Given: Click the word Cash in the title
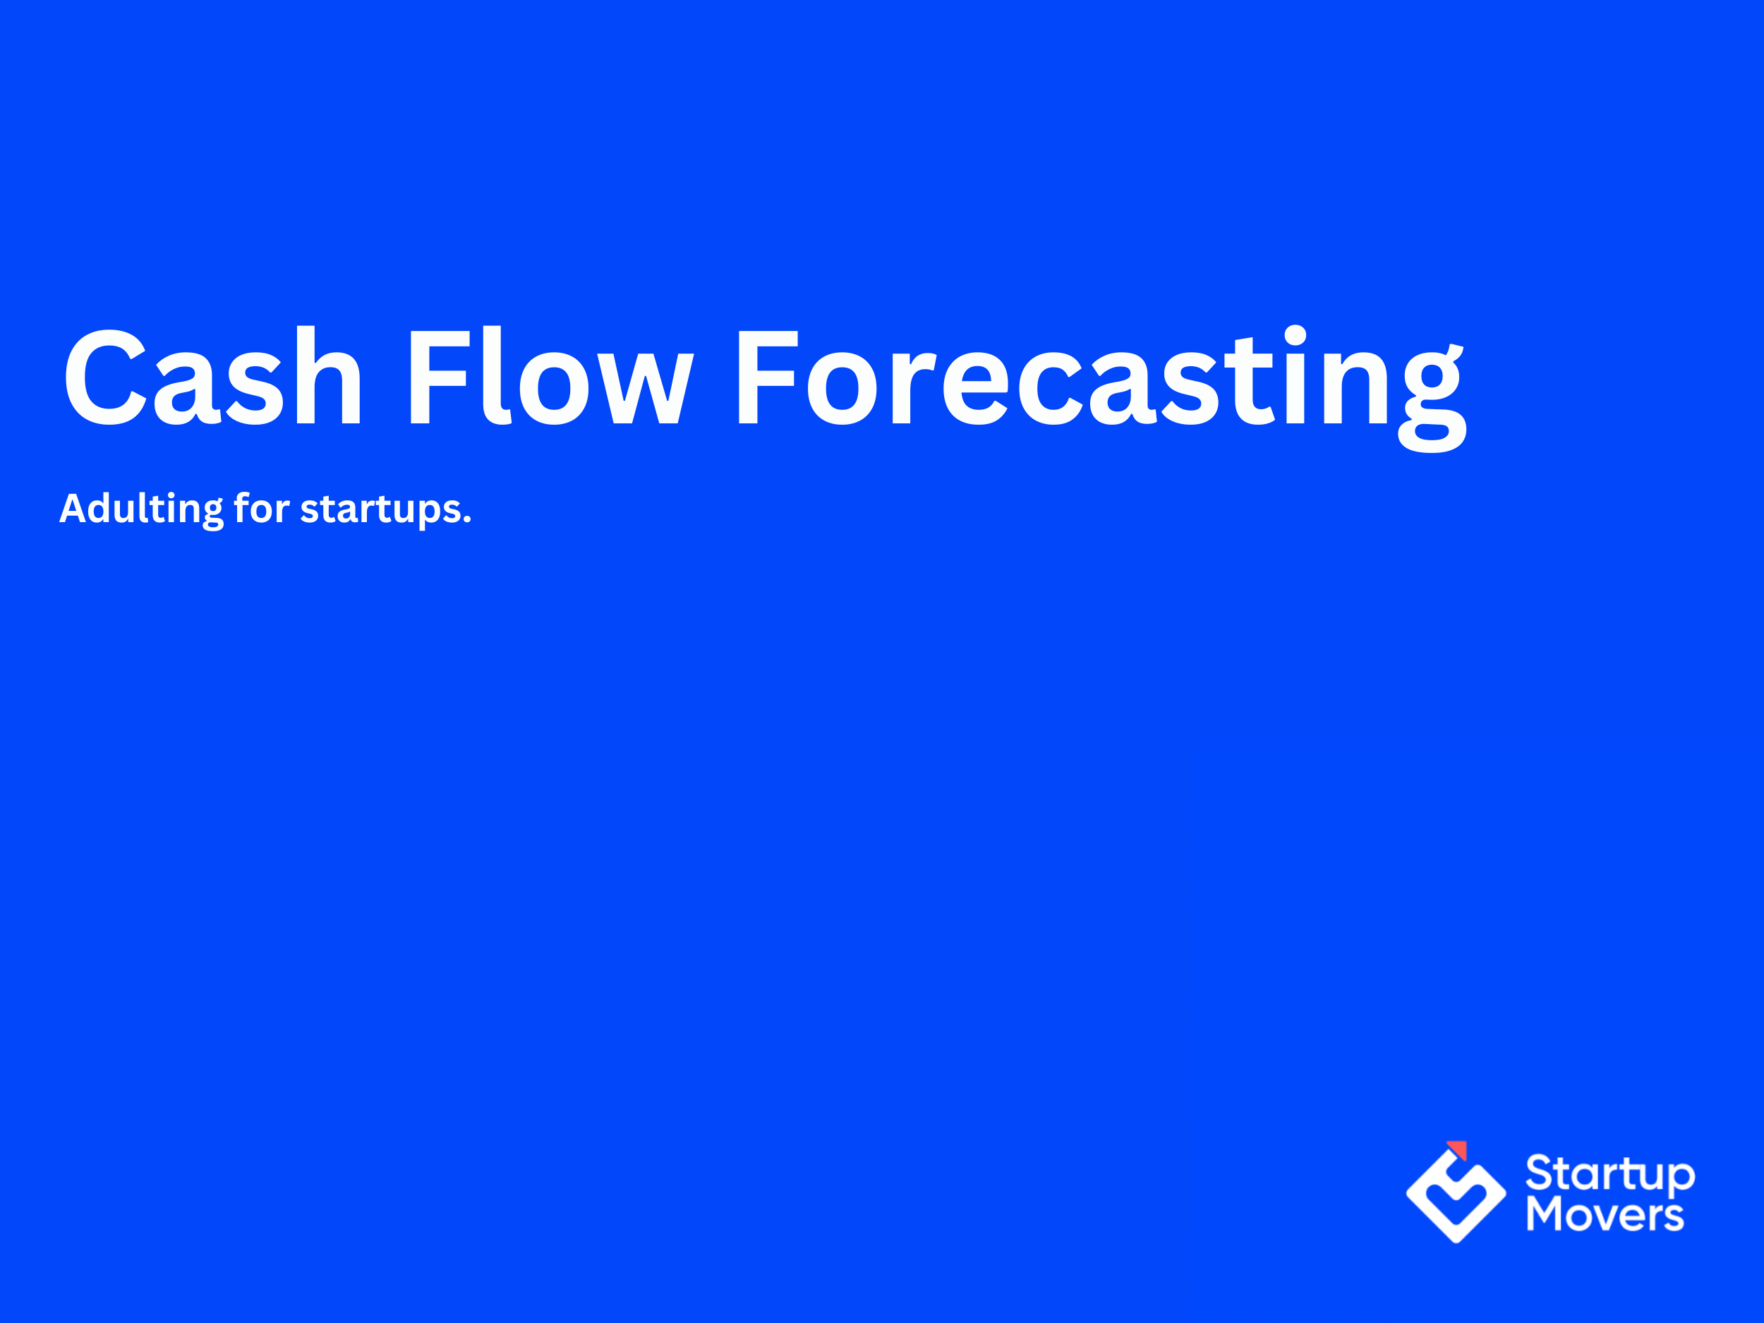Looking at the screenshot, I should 214,376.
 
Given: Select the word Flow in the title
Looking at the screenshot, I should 550,376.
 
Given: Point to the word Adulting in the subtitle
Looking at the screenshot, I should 141,509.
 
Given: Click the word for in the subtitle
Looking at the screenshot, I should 261,508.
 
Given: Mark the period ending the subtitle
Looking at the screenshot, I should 467,520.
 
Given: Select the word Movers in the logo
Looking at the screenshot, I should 1605,1215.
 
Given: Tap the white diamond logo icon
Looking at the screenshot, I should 1456,1196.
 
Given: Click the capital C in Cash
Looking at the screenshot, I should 105,376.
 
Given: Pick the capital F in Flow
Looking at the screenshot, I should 437,376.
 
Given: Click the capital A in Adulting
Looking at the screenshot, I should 73,509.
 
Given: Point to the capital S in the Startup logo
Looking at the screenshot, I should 1541,1174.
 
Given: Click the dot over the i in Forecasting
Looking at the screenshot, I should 1295,335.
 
